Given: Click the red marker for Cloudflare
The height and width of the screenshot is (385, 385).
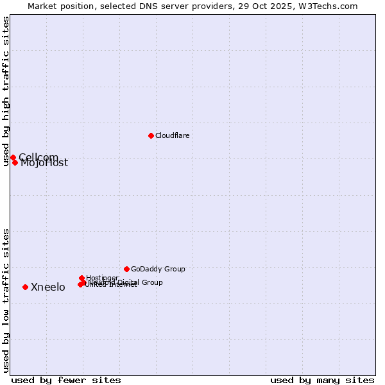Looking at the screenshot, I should tap(151, 135).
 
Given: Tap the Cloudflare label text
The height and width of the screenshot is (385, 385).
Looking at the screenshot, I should tap(172, 136).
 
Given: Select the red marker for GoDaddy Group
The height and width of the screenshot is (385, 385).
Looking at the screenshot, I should tap(126, 269).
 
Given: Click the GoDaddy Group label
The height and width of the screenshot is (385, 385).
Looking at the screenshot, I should tap(158, 269).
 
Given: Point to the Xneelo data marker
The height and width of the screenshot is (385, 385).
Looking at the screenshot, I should tap(25, 287).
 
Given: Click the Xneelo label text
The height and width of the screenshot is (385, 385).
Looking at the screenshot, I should tap(48, 287).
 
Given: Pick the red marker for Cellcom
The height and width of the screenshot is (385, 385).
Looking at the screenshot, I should tap(13, 157).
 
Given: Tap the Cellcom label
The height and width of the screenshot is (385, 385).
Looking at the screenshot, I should tap(38, 157).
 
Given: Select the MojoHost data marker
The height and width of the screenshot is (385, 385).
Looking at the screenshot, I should tap(15, 162).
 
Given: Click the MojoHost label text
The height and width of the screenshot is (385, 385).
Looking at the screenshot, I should tap(44, 163).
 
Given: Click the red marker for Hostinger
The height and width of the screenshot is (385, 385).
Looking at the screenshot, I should tap(82, 278).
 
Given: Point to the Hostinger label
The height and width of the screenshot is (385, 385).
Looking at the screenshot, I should tap(102, 278).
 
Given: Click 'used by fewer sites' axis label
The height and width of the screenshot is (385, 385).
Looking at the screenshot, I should tap(66, 381).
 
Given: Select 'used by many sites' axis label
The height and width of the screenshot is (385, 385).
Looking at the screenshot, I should tap(322, 381).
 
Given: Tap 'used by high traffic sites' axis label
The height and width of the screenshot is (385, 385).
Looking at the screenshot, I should tap(6, 91).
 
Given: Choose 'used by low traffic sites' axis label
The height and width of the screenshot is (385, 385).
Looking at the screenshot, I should tap(6, 300).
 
